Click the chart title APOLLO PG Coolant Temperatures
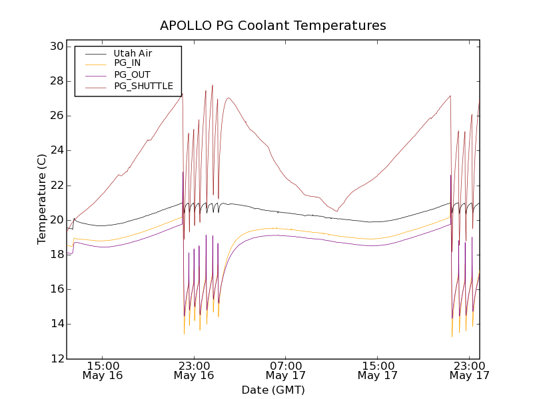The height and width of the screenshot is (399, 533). pyautogui.click(x=272, y=26)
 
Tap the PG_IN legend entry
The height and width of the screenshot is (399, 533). pyautogui.click(x=127, y=63)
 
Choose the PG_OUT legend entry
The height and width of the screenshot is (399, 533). pyautogui.click(x=132, y=74)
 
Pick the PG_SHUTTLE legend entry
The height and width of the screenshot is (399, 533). pyautogui.click(x=143, y=86)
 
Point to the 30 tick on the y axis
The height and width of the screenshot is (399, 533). pyautogui.click(x=55, y=47)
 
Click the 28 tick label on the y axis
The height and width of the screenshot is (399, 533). pyautogui.click(x=55, y=81)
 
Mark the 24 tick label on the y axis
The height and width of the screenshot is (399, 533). pyautogui.click(x=55, y=150)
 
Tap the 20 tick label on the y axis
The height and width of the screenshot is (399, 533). pyautogui.click(x=55, y=220)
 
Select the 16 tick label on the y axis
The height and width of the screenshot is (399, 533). pyautogui.click(x=55, y=289)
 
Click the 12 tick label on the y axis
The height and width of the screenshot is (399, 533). pyautogui.click(x=55, y=359)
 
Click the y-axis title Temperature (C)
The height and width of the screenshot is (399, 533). pyautogui.click(x=42, y=199)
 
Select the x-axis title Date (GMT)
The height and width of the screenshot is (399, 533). pyautogui.click(x=272, y=390)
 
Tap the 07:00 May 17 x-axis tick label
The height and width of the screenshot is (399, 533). pyautogui.click(x=285, y=370)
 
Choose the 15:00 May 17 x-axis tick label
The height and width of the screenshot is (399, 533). pyautogui.click(x=377, y=370)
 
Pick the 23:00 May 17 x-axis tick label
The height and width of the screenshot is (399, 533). pyautogui.click(x=469, y=370)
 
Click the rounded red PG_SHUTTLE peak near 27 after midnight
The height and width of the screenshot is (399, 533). pyautogui.click(x=229, y=98)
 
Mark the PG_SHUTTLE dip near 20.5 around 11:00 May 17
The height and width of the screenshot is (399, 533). pyautogui.click(x=336, y=211)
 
